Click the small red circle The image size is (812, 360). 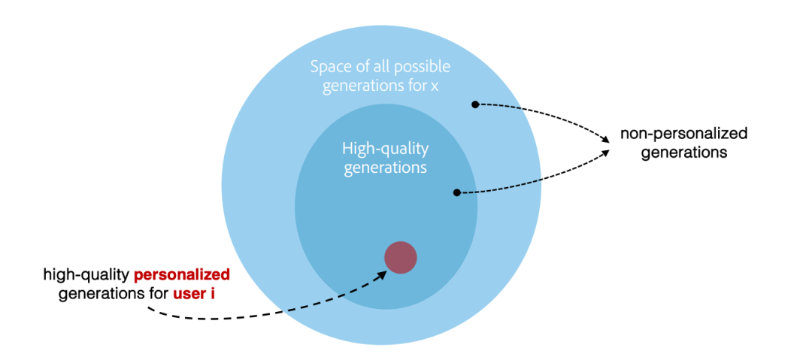(401, 258)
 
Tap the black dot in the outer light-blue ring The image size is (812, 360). (475, 104)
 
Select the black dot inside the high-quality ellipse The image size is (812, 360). (457, 192)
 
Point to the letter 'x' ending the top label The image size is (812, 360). (435, 86)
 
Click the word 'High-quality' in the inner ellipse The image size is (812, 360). (385, 148)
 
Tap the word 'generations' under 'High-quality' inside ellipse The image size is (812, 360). (385, 168)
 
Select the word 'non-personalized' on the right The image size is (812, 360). (683, 134)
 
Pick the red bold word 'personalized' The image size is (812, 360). (187, 274)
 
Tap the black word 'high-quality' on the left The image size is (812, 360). (92, 274)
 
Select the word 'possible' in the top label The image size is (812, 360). (425, 66)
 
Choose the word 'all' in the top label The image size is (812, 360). (385, 66)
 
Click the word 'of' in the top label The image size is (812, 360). (363, 66)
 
